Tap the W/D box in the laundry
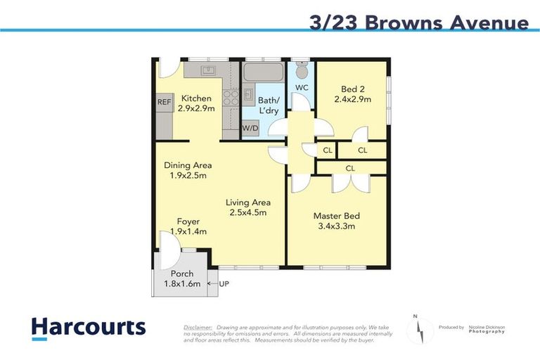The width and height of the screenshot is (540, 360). pyautogui.click(x=250, y=128)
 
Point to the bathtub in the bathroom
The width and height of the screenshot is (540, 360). pyautogui.click(x=262, y=74)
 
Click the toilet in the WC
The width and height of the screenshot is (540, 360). pyautogui.click(x=302, y=70)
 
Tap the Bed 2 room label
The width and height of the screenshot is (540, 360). pyautogui.click(x=352, y=89)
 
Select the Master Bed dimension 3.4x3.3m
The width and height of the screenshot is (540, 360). pyautogui.click(x=334, y=226)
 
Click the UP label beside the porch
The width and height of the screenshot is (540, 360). pyautogui.click(x=224, y=283)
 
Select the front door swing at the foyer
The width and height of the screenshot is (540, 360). pyautogui.click(x=169, y=250)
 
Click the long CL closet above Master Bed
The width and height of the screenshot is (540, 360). pyautogui.click(x=350, y=168)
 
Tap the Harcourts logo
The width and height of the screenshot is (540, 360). pyautogui.click(x=89, y=328)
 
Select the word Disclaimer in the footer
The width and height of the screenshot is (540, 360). pyautogui.click(x=198, y=328)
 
